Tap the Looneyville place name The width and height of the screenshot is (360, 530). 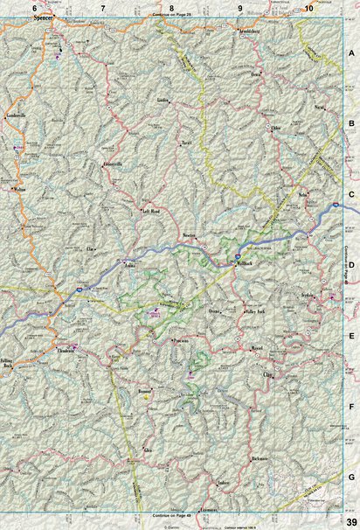coord(115,164)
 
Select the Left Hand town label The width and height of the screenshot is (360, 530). coord(150,211)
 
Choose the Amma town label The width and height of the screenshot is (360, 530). coord(131,261)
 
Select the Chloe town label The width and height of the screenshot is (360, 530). coord(278,128)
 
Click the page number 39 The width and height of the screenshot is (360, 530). coord(350,521)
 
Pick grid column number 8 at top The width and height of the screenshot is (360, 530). coord(171,7)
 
